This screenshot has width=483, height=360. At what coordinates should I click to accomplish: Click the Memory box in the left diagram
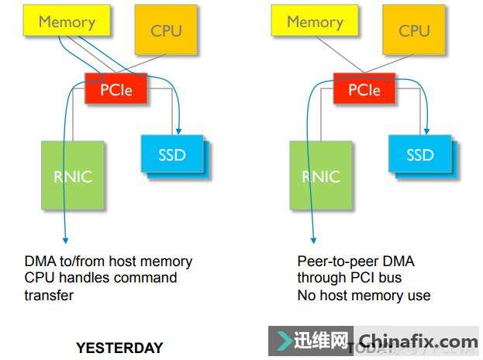67,22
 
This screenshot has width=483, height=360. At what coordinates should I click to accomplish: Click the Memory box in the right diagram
314,22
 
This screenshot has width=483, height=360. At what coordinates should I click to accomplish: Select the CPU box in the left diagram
166,30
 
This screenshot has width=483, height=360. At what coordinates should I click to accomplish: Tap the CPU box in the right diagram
414,30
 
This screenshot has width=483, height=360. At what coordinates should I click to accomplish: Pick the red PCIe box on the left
116,90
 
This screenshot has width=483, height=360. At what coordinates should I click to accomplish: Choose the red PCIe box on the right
364,90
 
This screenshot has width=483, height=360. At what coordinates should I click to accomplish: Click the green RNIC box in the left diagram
73,176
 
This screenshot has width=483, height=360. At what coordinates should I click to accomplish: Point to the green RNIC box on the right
321,176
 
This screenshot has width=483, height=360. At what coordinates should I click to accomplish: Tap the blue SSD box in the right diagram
419,155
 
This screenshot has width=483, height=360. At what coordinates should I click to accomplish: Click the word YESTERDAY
119,348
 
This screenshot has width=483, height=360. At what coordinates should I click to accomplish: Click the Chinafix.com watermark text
419,341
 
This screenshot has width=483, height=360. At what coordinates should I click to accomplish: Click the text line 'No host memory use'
364,295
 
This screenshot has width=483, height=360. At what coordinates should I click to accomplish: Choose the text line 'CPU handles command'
101,278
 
